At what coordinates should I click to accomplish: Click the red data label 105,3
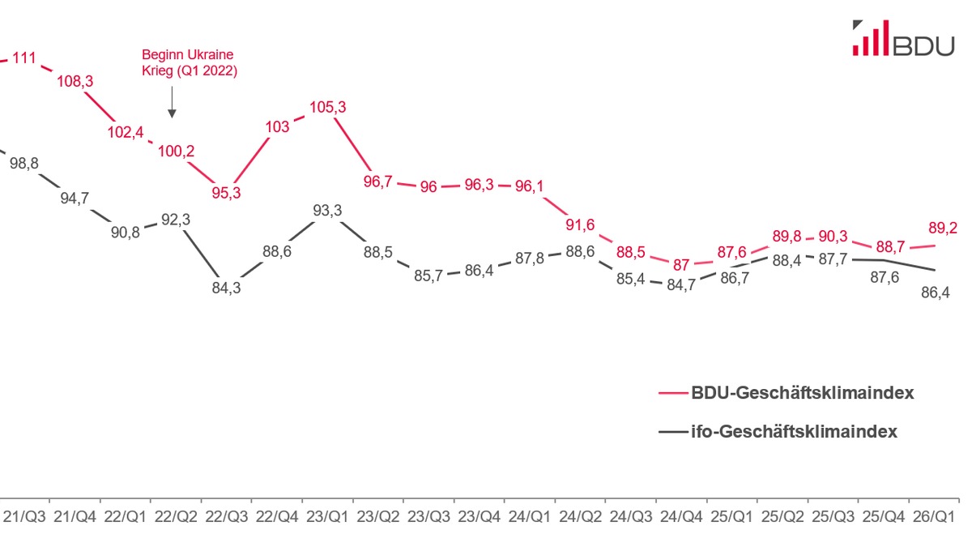pos(327,107)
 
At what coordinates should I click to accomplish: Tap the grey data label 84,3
pos(226,286)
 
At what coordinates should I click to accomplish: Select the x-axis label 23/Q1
pos(327,515)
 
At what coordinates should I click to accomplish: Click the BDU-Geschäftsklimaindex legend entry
pos(802,393)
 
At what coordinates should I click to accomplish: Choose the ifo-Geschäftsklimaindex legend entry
pos(793,432)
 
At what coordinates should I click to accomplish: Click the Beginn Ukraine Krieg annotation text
pos(188,62)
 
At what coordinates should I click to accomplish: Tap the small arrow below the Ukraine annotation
pos(172,106)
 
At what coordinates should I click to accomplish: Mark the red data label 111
pos(24,58)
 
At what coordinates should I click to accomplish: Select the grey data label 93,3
pos(327,211)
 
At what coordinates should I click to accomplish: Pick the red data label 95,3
pos(226,192)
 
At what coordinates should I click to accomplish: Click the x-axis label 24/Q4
pos(682,515)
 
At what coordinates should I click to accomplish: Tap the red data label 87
pos(682,264)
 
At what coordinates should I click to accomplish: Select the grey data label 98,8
pos(23,163)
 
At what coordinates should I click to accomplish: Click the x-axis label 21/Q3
pos(24,515)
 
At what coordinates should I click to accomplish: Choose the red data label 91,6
pos(580,224)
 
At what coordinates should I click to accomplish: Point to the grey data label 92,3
pos(176,218)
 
